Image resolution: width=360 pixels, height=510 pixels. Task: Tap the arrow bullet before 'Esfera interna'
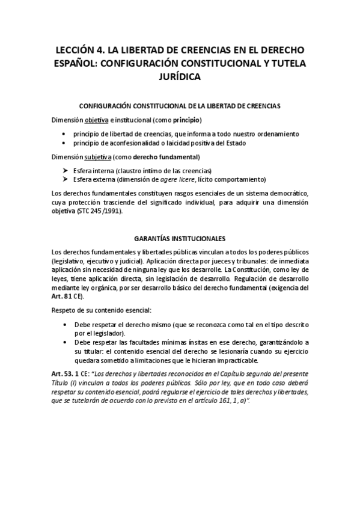point(65,170)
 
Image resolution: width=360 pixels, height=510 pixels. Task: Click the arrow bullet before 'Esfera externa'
point(65,179)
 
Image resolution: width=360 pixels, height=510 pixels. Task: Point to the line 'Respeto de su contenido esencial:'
point(101,310)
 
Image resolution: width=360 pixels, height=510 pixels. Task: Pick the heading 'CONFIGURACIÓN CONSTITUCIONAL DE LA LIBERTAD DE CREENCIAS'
point(180,105)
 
